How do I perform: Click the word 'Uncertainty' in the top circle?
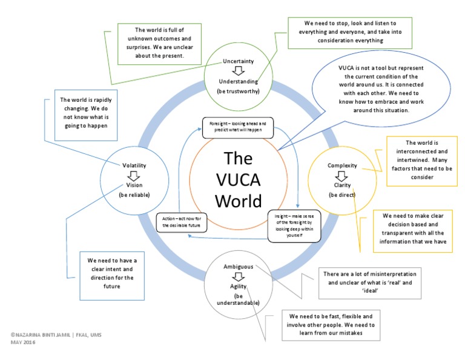click(x=238, y=61)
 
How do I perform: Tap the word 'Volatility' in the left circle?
click(x=134, y=165)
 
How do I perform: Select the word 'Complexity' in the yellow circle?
click(x=342, y=165)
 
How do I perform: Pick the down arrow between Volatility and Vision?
click(x=134, y=175)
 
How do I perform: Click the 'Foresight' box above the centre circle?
click(x=237, y=127)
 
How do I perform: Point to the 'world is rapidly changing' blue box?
click(x=82, y=113)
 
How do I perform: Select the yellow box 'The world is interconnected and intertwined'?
click(x=421, y=160)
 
